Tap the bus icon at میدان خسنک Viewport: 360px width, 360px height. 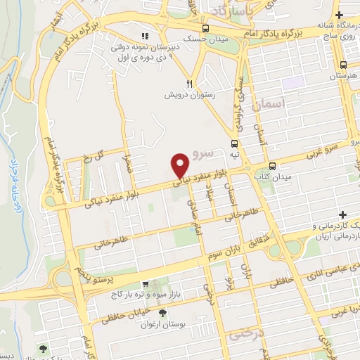tap(205, 28)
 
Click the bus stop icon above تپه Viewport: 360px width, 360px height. tap(233, 142)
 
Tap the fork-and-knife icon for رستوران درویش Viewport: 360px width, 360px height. tap(189, 82)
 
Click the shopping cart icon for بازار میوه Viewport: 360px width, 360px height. tap(145, 285)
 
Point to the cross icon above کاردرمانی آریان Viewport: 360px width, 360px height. tap(342, 214)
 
